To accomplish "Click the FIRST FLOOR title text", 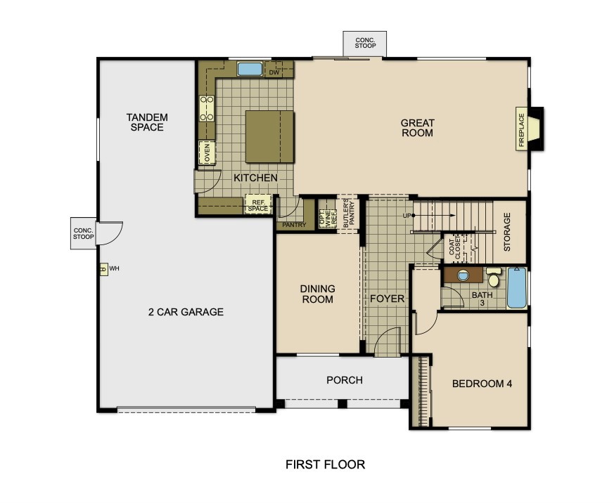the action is [x=326, y=464].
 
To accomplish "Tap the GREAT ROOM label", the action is [x=418, y=128].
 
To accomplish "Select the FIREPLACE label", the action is [x=521, y=130].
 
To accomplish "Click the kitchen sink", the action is [x=250, y=70].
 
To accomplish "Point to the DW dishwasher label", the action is [x=274, y=72].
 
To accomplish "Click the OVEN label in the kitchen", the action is [x=207, y=152].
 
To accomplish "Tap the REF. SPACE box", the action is [x=258, y=204].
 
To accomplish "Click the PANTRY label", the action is [x=294, y=225].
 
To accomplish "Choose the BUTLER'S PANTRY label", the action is [x=349, y=214].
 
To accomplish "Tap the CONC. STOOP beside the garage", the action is [x=84, y=233].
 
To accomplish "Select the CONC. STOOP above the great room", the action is [x=365, y=43].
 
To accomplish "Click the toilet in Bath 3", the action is [x=494, y=277].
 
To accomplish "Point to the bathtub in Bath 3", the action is [x=517, y=287].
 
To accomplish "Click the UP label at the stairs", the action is [x=407, y=216].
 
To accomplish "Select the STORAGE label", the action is [x=507, y=232].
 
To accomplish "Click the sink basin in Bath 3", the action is [x=463, y=275].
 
